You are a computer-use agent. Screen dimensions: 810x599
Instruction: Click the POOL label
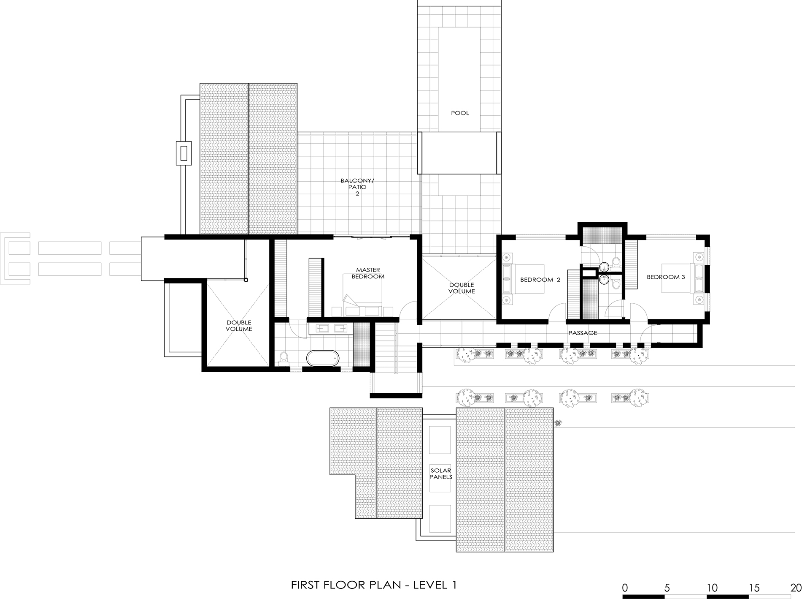(460, 113)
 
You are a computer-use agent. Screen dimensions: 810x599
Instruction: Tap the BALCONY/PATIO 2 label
(357, 187)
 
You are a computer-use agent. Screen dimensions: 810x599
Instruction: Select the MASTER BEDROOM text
(368, 273)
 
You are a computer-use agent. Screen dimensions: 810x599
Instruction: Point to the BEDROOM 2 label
(540, 280)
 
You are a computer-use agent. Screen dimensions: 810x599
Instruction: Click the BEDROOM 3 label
(666, 277)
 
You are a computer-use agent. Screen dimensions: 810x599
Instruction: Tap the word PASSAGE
(583, 333)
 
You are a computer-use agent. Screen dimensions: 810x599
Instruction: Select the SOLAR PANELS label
(441, 474)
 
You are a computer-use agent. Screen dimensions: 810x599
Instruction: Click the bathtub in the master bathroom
(323, 358)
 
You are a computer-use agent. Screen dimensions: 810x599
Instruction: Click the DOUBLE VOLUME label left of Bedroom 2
(462, 288)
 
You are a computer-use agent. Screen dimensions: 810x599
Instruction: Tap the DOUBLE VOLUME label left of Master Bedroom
(239, 326)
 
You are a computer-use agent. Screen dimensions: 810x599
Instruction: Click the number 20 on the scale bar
(796, 588)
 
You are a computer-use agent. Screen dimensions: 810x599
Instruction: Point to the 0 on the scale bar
(625, 588)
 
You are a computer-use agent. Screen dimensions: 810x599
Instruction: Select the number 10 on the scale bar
(712, 588)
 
